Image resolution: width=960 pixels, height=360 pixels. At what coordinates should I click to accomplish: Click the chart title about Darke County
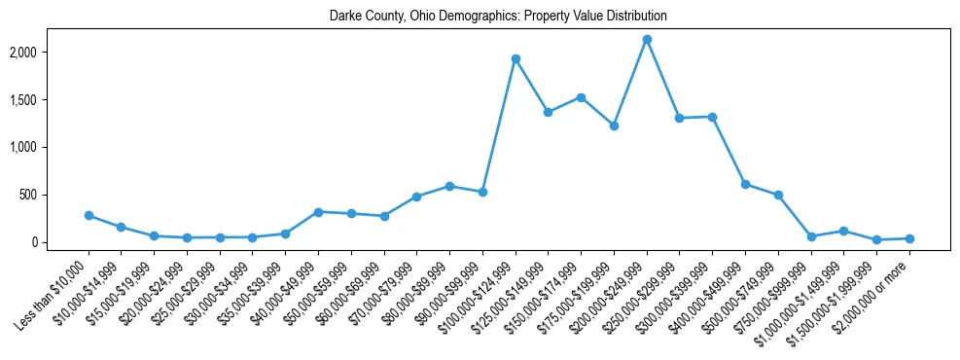498,17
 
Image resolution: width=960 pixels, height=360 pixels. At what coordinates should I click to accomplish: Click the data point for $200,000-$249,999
647,40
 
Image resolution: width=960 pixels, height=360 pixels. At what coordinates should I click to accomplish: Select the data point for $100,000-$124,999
516,59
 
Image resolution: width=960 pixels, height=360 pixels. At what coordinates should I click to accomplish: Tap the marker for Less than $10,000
89,215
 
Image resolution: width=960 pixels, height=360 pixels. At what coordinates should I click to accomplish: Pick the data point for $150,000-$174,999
581,97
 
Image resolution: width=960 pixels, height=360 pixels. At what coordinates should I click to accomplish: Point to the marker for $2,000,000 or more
909,238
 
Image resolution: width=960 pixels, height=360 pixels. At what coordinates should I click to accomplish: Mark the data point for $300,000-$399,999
712,117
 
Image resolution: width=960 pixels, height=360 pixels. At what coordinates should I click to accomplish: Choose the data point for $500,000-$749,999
778,195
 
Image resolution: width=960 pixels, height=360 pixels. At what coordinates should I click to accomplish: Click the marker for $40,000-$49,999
318,212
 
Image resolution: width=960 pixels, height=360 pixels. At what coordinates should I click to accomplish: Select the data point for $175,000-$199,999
614,126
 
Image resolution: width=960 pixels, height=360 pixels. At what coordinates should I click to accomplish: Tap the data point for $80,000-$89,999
449,186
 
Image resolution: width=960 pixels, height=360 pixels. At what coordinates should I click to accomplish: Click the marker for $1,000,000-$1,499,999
843,231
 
